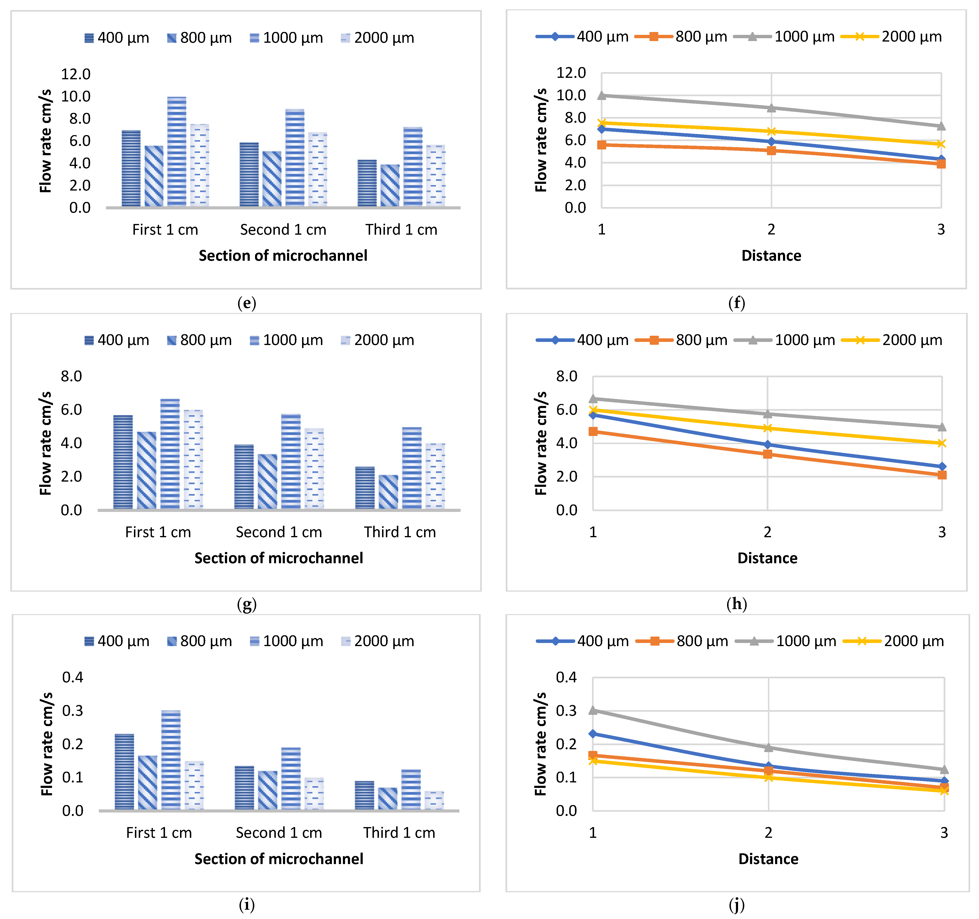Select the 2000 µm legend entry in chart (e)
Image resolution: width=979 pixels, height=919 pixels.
[x=377, y=38]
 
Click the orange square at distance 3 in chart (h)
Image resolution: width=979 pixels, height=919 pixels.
[x=942, y=475]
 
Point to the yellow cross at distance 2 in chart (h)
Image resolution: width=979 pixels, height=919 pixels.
[x=767, y=428]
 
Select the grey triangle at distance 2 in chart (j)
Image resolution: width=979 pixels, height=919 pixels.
[x=768, y=747]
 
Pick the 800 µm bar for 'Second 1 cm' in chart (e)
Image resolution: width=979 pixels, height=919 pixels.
[x=272, y=179]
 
